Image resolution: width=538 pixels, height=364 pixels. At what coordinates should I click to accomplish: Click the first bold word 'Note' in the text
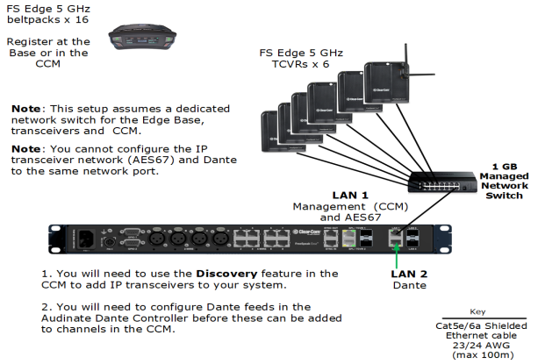pos(28,108)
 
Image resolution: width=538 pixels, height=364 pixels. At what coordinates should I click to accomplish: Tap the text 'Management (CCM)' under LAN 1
pos(346,206)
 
